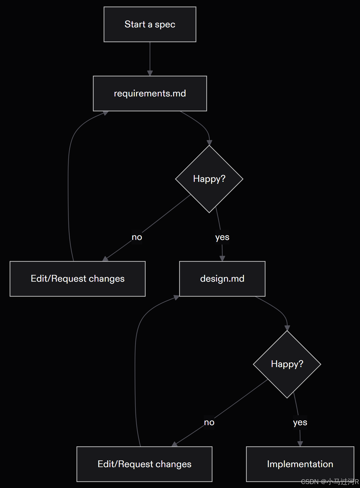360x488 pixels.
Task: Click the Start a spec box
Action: pos(150,25)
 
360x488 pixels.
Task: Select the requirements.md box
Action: pos(150,93)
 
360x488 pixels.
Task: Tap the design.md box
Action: pos(222,279)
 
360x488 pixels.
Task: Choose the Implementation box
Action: pos(300,464)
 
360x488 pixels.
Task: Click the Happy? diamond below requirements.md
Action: pos(209,179)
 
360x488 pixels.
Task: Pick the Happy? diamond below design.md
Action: pos(287,364)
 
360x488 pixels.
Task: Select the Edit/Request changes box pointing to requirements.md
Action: pos(78,279)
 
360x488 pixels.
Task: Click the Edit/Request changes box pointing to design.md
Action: pos(144,464)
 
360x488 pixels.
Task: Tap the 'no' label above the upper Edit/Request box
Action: pos(137,237)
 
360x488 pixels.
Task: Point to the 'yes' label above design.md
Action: pos(222,237)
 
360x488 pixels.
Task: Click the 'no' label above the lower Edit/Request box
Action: pos(209,422)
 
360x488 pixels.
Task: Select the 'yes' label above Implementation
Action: pos(300,422)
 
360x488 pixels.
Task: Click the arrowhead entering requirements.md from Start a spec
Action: pos(150,73)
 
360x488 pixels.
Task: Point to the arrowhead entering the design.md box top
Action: pos(222,259)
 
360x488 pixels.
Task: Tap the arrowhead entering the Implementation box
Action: pos(300,444)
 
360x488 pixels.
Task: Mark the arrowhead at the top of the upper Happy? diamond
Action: pos(209,143)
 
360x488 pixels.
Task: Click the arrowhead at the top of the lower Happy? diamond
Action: pos(287,328)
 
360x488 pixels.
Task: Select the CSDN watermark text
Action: pos(330,482)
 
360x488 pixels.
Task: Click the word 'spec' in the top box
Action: pos(165,25)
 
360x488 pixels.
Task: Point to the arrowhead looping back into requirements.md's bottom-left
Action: pos(106,113)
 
